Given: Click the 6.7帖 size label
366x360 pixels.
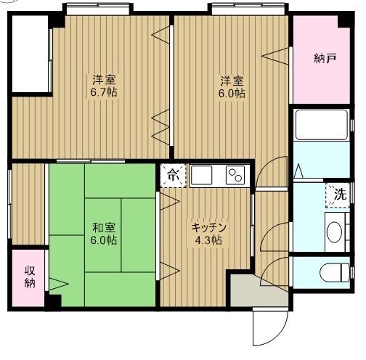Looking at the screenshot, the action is click(104, 92).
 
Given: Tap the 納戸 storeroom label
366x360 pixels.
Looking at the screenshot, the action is click(325, 58).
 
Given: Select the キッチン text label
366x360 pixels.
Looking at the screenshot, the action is click(208, 227).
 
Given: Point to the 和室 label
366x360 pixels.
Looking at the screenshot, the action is click(104, 227).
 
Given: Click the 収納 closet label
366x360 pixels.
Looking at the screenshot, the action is click(30, 277).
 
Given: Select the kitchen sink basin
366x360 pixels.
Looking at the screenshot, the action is click(201, 176).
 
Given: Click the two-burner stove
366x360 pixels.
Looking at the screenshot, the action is click(236, 175).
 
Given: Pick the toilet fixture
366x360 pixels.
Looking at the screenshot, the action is click(335, 273).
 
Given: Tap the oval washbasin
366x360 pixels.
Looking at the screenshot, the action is click(334, 232).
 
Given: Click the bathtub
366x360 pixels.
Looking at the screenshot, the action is click(322, 125).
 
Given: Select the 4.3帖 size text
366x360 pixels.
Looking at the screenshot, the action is click(208, 240).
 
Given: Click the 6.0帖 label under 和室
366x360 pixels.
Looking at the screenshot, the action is click(104, 240).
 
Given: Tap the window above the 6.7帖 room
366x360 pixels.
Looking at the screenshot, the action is click(98, 9).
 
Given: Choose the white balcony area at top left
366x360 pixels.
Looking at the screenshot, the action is click(30, 54).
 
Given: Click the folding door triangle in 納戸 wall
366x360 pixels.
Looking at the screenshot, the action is click(275, 57).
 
